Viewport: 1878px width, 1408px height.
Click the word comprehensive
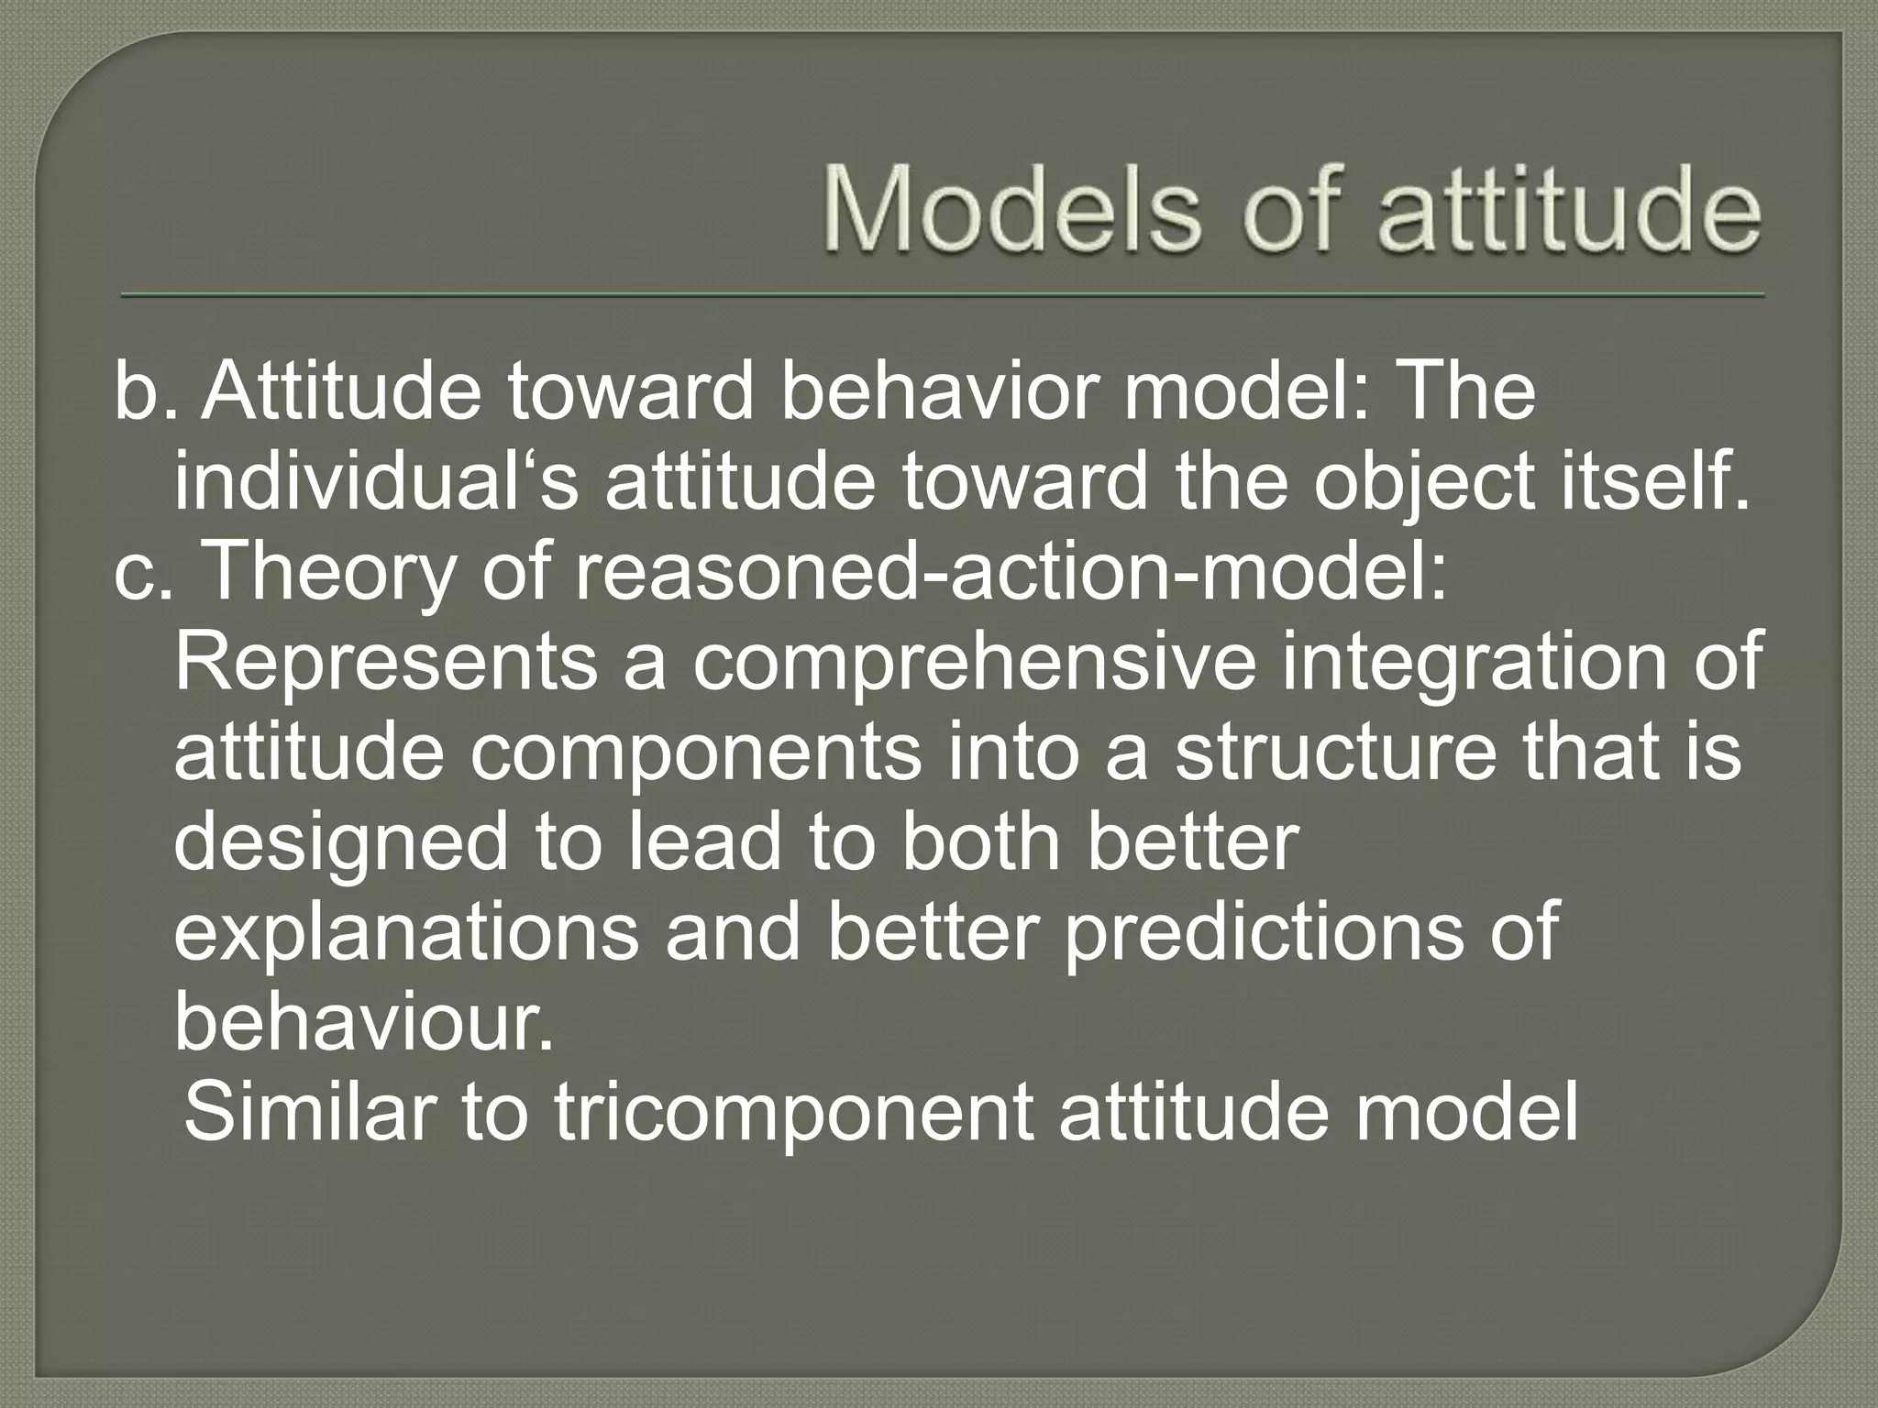tap(973, 662)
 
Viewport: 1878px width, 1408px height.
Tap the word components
tap(696, 752)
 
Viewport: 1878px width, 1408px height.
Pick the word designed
tap(339, 841)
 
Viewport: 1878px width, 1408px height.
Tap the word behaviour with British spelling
tap(364, 1021)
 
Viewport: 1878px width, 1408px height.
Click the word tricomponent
tap(790, 1111)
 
